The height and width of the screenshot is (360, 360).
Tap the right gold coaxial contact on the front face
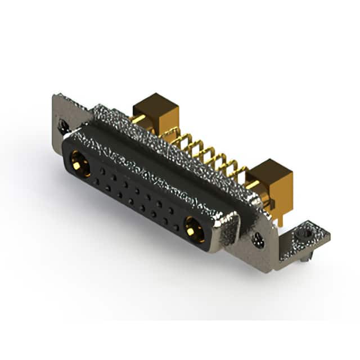click(x=193, y=229)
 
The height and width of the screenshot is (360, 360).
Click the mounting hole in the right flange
click(x=258, y=240)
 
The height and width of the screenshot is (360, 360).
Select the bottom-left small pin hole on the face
click(x=96, y=183)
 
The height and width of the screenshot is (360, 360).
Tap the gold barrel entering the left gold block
click(x=138, y=119)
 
